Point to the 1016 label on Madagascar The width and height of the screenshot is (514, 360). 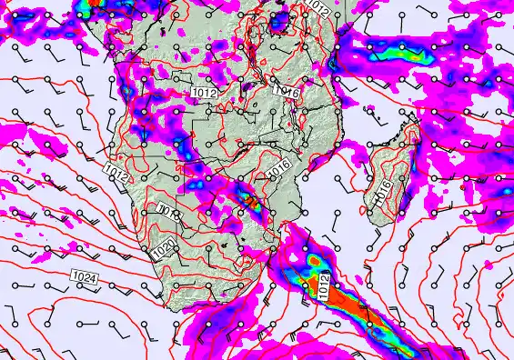[x=385, y=189]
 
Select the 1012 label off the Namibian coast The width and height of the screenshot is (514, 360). [x=116, y=170]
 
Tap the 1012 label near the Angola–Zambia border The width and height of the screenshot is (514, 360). [x=204, y=92]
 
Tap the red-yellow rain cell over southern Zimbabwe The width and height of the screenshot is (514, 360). [x=251, y=199]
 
